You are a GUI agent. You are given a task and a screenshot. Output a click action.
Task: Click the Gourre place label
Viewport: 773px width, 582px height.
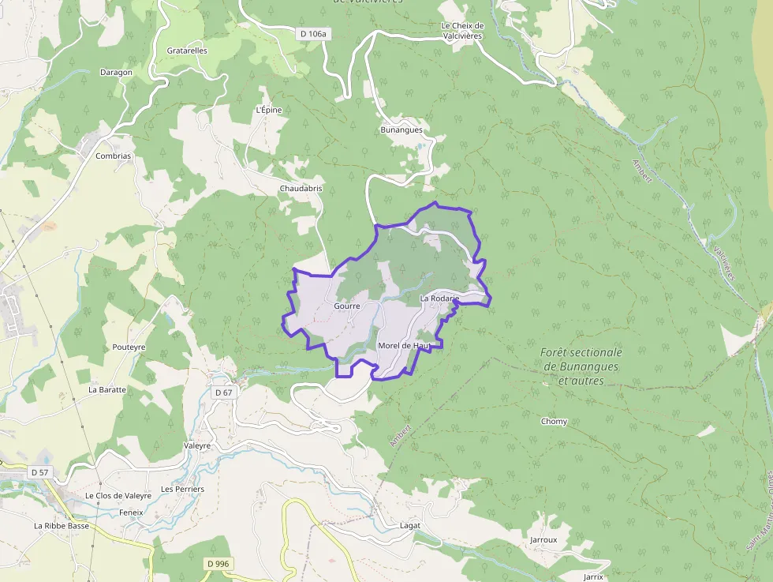[x=347, y=306]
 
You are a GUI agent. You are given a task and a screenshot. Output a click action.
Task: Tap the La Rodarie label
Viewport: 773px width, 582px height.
[x=439, y=299]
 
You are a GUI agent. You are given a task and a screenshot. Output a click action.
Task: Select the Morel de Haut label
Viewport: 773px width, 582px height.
[x=403, y=346]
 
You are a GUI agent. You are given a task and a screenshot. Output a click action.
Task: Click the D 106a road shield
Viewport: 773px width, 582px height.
[x=313, y=33]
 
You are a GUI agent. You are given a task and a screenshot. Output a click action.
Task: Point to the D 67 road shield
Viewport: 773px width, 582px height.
[x=224, y=392]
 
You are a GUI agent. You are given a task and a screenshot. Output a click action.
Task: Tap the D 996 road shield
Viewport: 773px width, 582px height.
[x=220, y=563]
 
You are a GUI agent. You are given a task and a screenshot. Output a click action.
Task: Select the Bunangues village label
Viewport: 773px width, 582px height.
[x=401, y=130]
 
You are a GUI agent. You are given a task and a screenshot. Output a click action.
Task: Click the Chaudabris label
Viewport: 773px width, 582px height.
[x=301, y=189]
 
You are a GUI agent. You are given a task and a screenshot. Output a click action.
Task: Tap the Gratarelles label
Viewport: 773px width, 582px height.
[x=187, y=51]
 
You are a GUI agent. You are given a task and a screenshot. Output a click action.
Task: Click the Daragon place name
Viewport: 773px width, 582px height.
[x=116, y=72]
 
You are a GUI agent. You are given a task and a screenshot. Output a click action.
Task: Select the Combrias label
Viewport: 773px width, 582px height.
[x=113, y=156]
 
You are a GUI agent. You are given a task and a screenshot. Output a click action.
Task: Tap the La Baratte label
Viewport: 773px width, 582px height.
[x=107, y=389]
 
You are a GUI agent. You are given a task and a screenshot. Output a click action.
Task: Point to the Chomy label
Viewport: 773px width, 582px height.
[x=554, y=421]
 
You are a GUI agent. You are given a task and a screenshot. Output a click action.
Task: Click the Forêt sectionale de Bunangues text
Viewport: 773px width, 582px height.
[x=582, y=366]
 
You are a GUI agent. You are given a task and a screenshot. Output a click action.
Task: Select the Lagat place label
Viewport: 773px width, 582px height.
[x=410, y=525]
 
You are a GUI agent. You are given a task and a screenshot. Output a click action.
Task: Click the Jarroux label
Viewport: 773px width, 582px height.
[x=543, y=540]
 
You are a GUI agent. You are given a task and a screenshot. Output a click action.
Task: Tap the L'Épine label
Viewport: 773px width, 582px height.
[x=269, y=110]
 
